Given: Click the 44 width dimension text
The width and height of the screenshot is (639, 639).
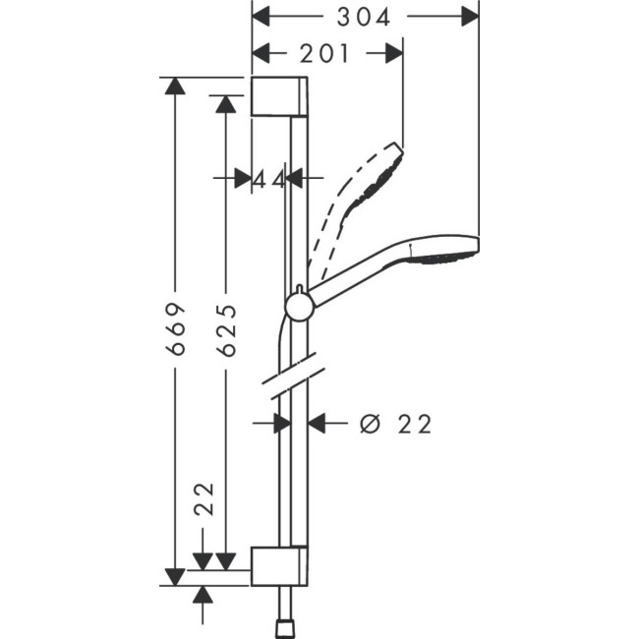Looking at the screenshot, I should click(269, 178).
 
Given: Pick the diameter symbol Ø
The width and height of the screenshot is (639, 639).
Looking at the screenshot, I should click(371, 424).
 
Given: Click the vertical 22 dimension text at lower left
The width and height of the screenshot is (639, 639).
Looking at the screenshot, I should click(203, 499).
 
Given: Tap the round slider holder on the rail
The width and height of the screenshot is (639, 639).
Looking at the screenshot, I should click(299, 308).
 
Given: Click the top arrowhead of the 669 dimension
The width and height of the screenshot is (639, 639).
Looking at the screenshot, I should click(176, 86).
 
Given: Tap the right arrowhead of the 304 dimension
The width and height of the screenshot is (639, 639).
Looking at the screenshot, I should click(470, 17).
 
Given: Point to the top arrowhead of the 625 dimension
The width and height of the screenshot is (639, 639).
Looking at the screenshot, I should click(227, 103).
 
